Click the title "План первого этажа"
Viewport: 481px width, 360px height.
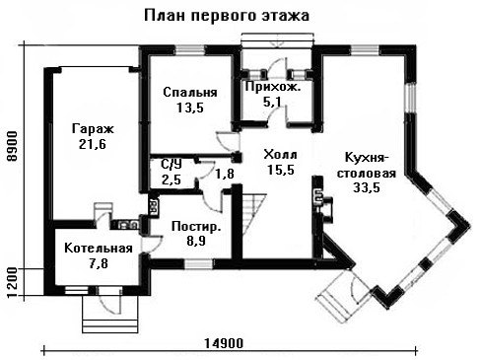(227, 16)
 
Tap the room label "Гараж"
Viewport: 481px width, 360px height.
(93, 129)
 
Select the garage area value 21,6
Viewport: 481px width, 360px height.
(93, 144)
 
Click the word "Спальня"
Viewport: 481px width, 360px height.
(190, 92)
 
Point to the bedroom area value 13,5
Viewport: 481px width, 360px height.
(190, 108)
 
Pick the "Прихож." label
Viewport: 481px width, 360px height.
(273, 87)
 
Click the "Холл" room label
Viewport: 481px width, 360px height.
(280, 154)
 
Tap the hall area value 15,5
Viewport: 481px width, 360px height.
(280, 170)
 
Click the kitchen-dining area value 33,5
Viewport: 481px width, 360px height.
(367, 187)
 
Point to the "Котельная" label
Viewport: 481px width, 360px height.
(99, 249)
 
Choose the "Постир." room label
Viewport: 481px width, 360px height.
(196, 227)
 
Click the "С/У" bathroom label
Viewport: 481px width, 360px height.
(172, 164)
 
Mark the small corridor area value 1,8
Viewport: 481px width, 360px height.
(225, 174)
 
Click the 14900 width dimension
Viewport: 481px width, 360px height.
(224, 343)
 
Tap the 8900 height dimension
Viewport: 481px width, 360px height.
(13, 146)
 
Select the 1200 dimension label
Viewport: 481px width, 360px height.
(13, 282)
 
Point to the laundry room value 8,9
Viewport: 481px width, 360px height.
(196, 241)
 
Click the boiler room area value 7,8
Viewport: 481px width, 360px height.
(99, 263)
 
